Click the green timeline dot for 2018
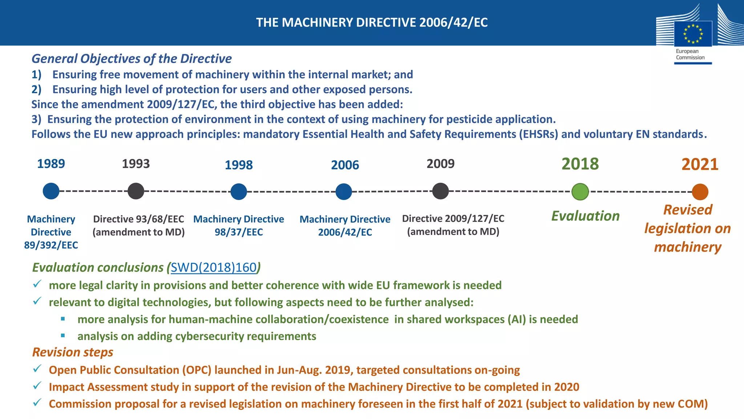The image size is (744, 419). (580, 192)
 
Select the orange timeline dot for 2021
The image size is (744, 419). (700, 192)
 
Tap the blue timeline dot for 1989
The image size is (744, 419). (51, 191)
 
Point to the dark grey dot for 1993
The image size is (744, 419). (136, 191)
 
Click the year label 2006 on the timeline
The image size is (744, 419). (345, 165)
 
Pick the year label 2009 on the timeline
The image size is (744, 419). (440, 164)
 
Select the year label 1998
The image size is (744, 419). (239, 165)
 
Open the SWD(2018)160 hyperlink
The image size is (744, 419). (214, 267)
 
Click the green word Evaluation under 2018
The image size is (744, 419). (585, 216)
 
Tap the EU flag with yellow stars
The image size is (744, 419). (693, 34)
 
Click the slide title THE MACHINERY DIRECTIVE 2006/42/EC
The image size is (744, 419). (372, 23)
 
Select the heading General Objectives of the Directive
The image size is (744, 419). (132, 59)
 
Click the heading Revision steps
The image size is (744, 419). (73, 352)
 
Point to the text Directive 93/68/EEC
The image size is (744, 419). (138, 219)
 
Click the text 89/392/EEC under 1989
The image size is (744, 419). (51, 245)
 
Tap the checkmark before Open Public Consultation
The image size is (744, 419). (37, 369)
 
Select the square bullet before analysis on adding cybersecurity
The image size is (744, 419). (63, 336)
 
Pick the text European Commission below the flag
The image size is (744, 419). (690, 54)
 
